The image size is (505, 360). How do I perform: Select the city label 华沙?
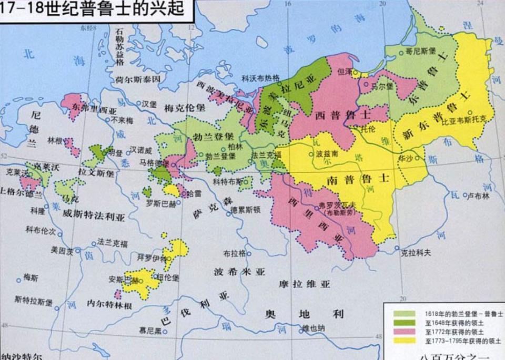click(x=406, y=157)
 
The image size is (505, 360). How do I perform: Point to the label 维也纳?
click(x=314, y=328)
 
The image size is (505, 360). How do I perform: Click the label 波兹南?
click(x=326, y=155)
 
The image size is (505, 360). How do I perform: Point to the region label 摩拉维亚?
click(x=304, y=284)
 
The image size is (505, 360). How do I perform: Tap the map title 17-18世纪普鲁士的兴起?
click(x=95, y=9)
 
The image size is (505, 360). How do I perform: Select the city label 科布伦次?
click(x=39, y=230)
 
